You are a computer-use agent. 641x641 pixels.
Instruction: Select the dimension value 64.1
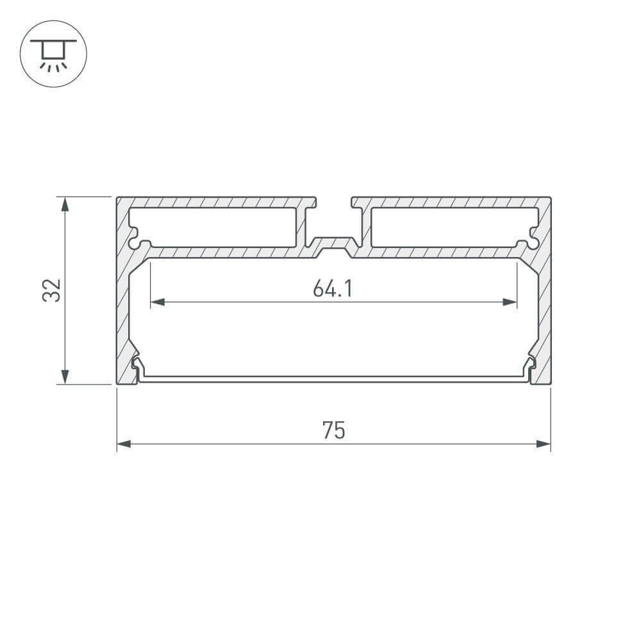(333, 290)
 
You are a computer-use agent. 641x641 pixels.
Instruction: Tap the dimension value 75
(333, 431)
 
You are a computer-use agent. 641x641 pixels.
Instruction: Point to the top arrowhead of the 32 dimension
(65, 204)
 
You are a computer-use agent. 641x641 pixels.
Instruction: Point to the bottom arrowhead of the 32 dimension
(65, 376)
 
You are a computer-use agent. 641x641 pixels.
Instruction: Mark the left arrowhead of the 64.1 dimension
(157, 302)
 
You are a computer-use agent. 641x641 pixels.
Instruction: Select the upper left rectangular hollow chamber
(215, 227)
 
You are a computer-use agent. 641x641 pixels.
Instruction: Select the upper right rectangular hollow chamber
(452, 227)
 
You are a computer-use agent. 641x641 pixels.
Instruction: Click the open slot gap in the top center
(333, 203)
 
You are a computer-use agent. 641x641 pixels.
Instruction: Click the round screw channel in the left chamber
(138, 244)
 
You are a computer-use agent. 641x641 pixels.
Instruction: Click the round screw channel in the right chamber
(529, 244)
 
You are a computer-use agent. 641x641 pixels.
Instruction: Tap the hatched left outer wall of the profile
(122, 301)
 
